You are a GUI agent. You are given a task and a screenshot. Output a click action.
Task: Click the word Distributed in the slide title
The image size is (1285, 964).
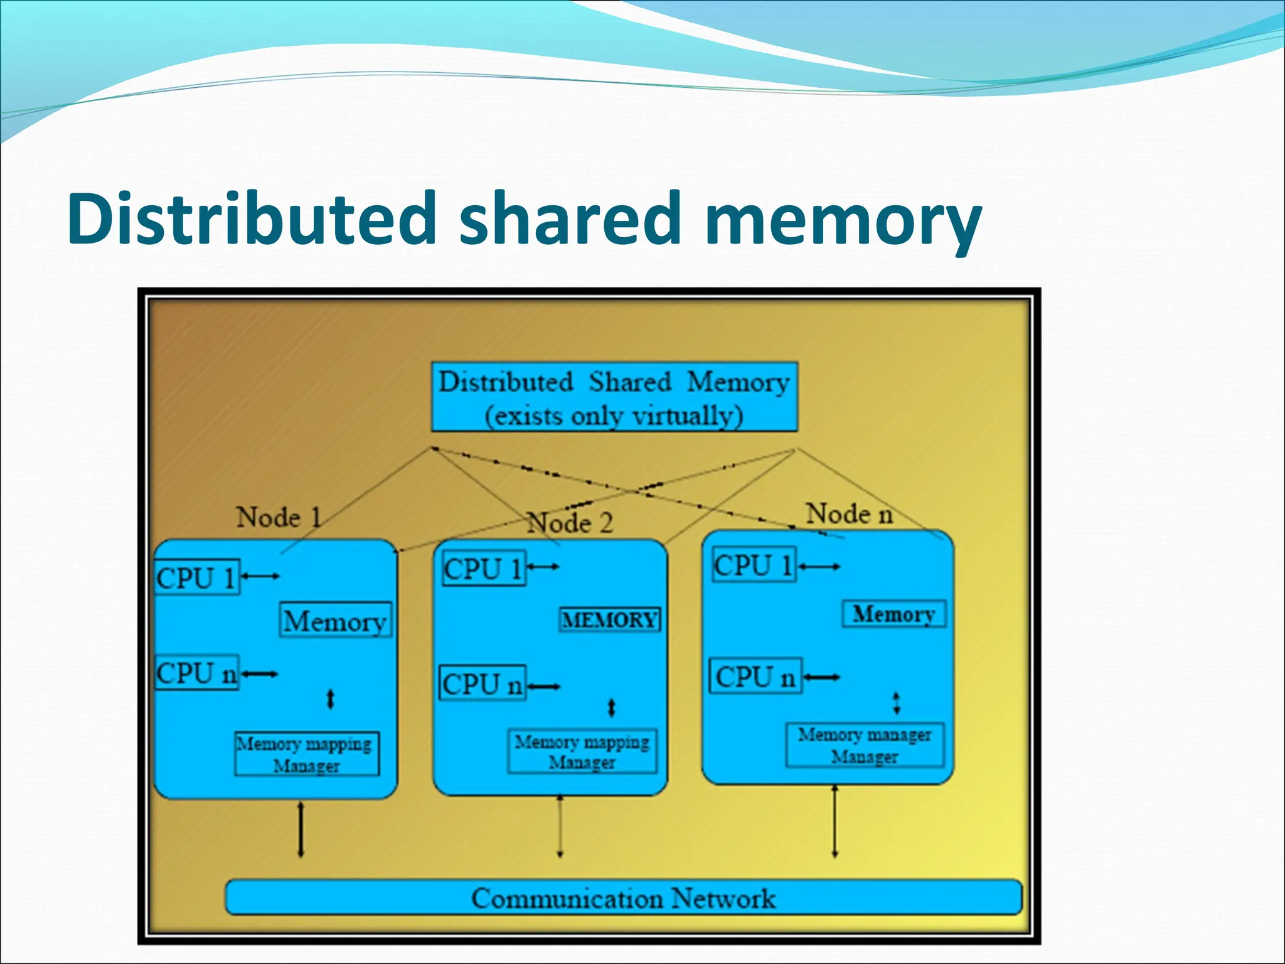pyautogui.click(x=251, y=218)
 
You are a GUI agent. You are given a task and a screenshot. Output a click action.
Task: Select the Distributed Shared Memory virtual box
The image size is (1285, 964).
pyautogui.click(x=614, y=397)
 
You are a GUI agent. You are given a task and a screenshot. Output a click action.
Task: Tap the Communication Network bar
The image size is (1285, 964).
pyautogui.click(x=623, y=897)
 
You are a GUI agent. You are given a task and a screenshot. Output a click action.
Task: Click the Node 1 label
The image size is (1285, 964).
pyautogui.click(x=279, y=518)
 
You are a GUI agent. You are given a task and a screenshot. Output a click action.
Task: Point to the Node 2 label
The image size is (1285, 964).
pyautogui.click(x=570, y=523)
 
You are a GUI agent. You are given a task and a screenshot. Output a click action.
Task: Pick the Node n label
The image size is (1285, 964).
pyautogui.click(x=848, y=514)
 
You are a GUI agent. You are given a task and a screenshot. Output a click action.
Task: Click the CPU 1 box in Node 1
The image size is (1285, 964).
pyautogui.click(x=197, y=577)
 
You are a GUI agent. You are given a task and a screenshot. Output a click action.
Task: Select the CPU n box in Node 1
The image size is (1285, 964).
pyautogui.click(x=197, y=673)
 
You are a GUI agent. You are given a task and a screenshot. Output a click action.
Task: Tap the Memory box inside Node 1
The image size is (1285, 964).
pyautogui.click(x=335, y=621)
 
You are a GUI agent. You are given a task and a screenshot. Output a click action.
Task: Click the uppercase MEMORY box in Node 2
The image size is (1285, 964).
pyautogui.click(x=609, y=620)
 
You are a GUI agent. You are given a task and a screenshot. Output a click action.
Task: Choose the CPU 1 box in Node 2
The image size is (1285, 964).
pyautogui.click(x=483, y=569)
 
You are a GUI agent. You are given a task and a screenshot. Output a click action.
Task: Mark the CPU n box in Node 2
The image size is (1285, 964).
pyautogui.click(x=482, y=683)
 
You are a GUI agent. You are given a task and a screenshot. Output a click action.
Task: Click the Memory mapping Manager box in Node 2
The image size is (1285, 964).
pyautogui.click(x=582, y=751)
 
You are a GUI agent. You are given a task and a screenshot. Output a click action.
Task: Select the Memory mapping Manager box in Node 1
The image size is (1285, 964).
pyautogui.click(x=307, y=754)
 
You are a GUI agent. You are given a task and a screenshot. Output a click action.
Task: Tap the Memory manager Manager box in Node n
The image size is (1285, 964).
pyautogui.click(x=865, y=745)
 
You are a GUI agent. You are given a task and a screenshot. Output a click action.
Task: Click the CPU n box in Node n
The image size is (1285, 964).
pyautogui.click(x=755, y=677)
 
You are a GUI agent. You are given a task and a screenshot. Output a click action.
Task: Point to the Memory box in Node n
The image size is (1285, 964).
pyautogui.click(x=893, y=614)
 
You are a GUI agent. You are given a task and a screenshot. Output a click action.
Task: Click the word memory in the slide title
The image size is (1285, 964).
pyautogui.click(x=842, y=218)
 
